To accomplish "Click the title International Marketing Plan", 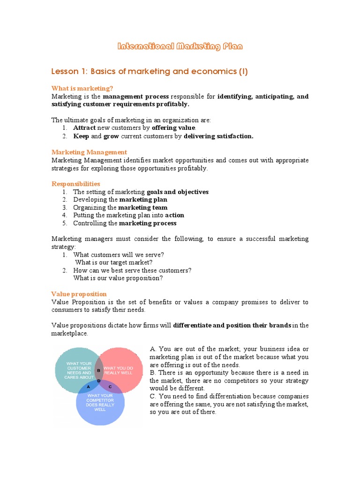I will coord(180,46).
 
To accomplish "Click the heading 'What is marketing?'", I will coord(82,88).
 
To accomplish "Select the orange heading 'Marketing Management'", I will coord(89,152).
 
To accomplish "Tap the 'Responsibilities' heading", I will coord(75,184).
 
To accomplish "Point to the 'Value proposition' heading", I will coord(79,294).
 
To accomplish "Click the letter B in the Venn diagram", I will coord(98,370).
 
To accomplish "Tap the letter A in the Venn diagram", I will coord(89,387).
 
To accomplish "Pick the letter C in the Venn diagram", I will coord(110,387).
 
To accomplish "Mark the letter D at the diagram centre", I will coord(99,380).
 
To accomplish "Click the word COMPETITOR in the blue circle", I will coord(100,400).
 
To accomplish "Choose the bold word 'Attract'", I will coord(84,128).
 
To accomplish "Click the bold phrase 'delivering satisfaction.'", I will coord(218,136).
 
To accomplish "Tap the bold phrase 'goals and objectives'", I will coord(178,192).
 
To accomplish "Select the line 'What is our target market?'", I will coord(114,262).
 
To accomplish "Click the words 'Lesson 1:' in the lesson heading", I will coord(69,72).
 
